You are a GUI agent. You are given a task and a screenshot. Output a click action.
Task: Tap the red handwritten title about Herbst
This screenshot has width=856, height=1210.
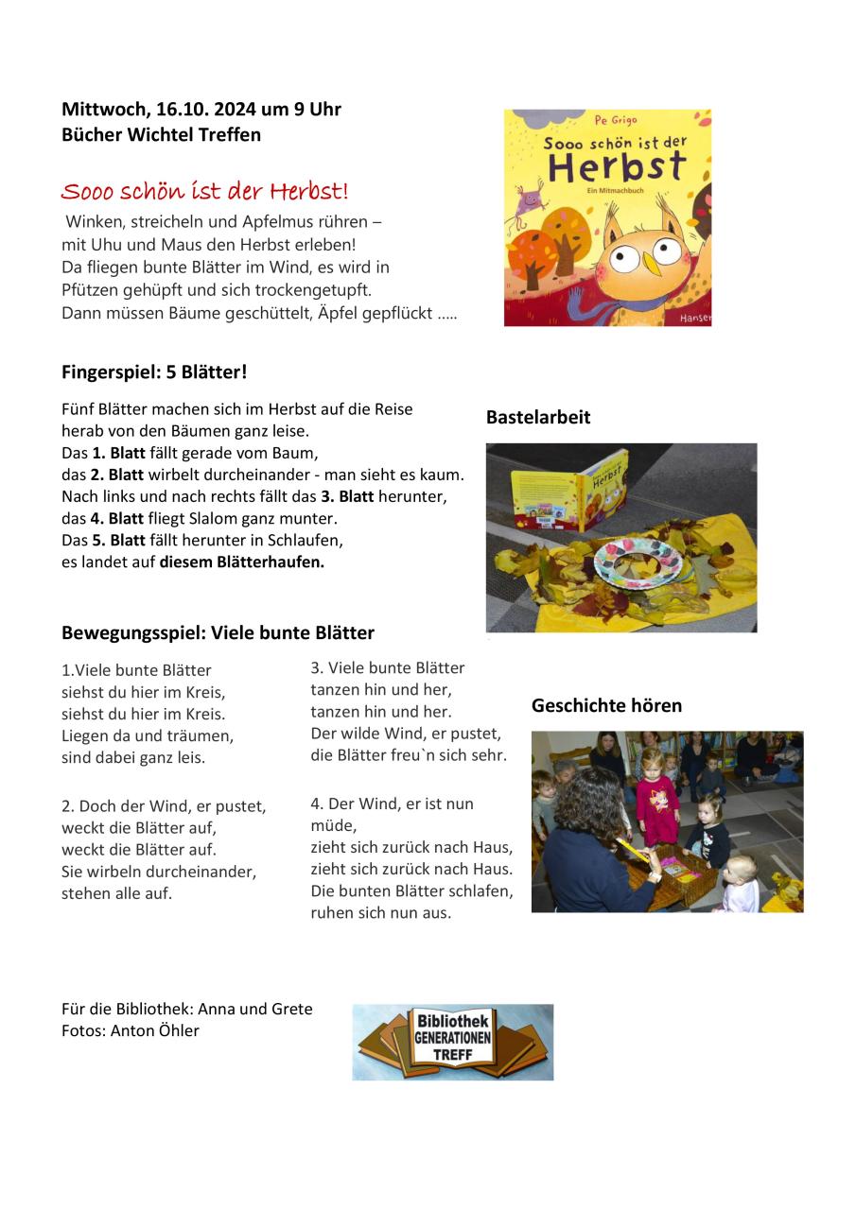click(204, 192)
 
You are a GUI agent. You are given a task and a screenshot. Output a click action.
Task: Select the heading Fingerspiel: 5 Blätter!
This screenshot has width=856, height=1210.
click(154, 372)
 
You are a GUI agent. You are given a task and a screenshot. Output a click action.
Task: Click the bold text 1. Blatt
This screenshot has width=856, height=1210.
click(118, 453)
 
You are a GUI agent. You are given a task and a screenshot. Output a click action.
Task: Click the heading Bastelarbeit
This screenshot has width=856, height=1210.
click(537, 418)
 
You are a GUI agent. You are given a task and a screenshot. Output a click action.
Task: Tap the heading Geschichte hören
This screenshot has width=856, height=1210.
click(606, 706)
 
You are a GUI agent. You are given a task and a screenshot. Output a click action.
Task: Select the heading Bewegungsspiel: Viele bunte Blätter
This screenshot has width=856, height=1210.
click(218, 633)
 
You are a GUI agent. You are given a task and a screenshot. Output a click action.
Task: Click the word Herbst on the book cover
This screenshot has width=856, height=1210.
click(616, 168)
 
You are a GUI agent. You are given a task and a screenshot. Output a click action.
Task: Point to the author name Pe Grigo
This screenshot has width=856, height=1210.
click(617, 121)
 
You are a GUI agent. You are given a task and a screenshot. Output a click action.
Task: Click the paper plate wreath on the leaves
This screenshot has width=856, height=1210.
click(638, 564)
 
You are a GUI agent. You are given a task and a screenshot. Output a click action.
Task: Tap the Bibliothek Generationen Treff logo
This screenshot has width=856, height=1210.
click(452, 1042)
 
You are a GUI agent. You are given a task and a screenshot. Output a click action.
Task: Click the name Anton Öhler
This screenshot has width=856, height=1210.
click(155, 1031)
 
